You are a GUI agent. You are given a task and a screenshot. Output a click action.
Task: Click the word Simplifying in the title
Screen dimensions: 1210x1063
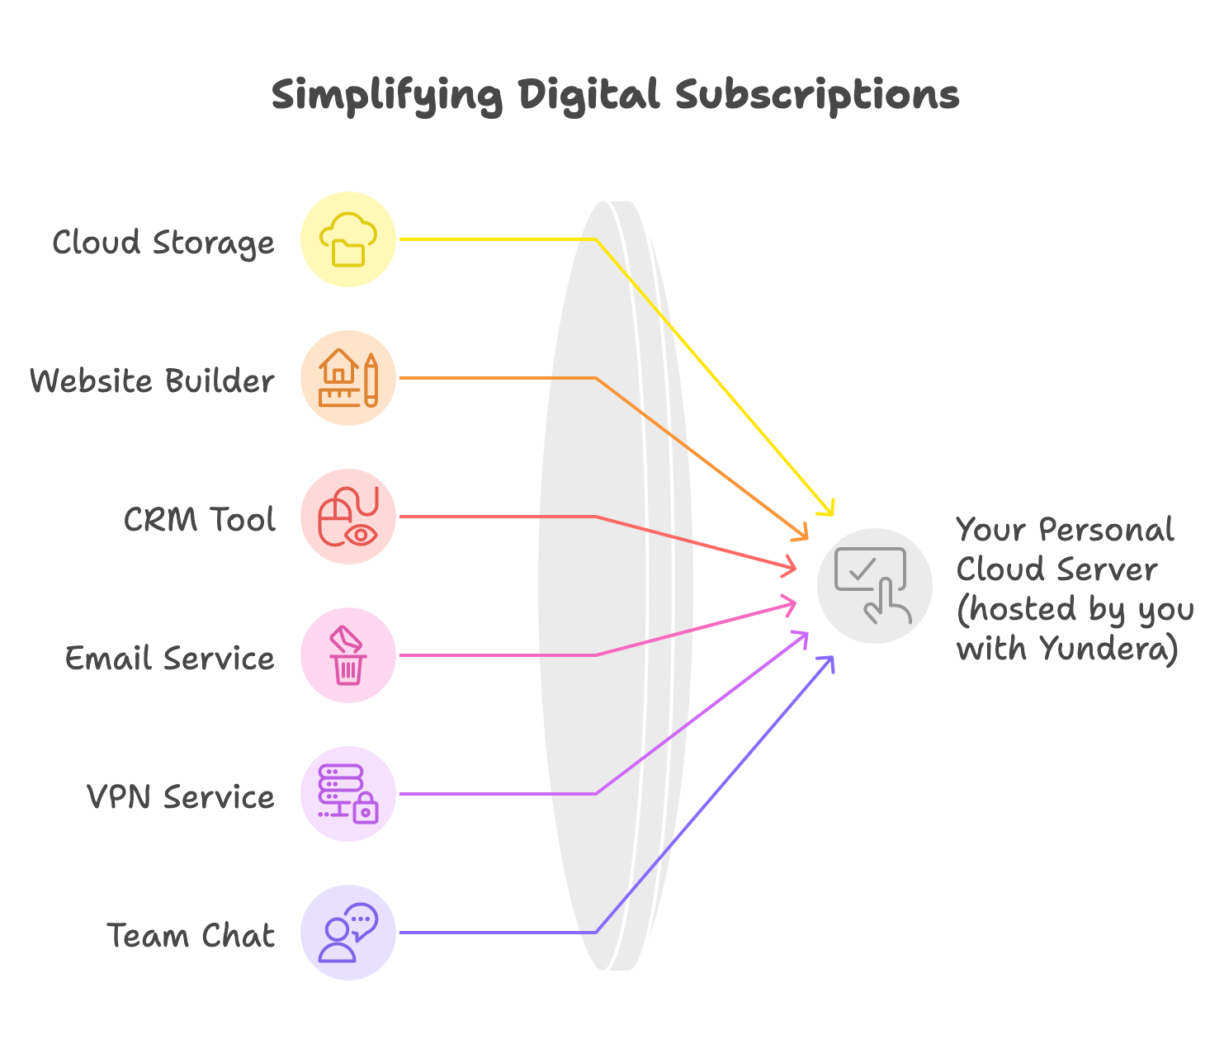386,96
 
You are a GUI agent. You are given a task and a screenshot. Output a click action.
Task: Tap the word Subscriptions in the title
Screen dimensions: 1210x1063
817,96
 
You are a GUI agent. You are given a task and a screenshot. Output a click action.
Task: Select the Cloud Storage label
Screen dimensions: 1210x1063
163,243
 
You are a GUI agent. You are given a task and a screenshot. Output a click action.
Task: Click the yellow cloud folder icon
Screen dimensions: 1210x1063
348,239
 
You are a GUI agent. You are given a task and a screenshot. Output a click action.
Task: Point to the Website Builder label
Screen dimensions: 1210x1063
153,381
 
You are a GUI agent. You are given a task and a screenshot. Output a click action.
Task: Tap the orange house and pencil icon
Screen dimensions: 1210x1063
348,377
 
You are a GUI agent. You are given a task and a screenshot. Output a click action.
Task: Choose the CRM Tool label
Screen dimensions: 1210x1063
200,519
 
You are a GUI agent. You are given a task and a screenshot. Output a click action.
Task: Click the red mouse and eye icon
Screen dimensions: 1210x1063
348,516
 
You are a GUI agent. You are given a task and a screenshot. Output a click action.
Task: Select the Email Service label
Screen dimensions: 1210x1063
170,658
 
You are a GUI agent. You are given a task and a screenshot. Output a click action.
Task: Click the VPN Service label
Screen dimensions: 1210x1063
181,796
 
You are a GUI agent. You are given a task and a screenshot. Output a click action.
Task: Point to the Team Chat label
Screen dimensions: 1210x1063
191,935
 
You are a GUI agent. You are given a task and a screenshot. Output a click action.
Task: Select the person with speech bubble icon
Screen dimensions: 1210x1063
348,933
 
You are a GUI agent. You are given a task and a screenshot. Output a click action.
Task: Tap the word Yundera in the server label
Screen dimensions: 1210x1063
1108,650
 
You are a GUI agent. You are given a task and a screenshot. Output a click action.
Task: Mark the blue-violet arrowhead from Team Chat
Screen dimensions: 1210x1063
826,664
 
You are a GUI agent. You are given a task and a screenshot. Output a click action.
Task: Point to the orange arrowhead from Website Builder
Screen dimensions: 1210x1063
801,532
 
